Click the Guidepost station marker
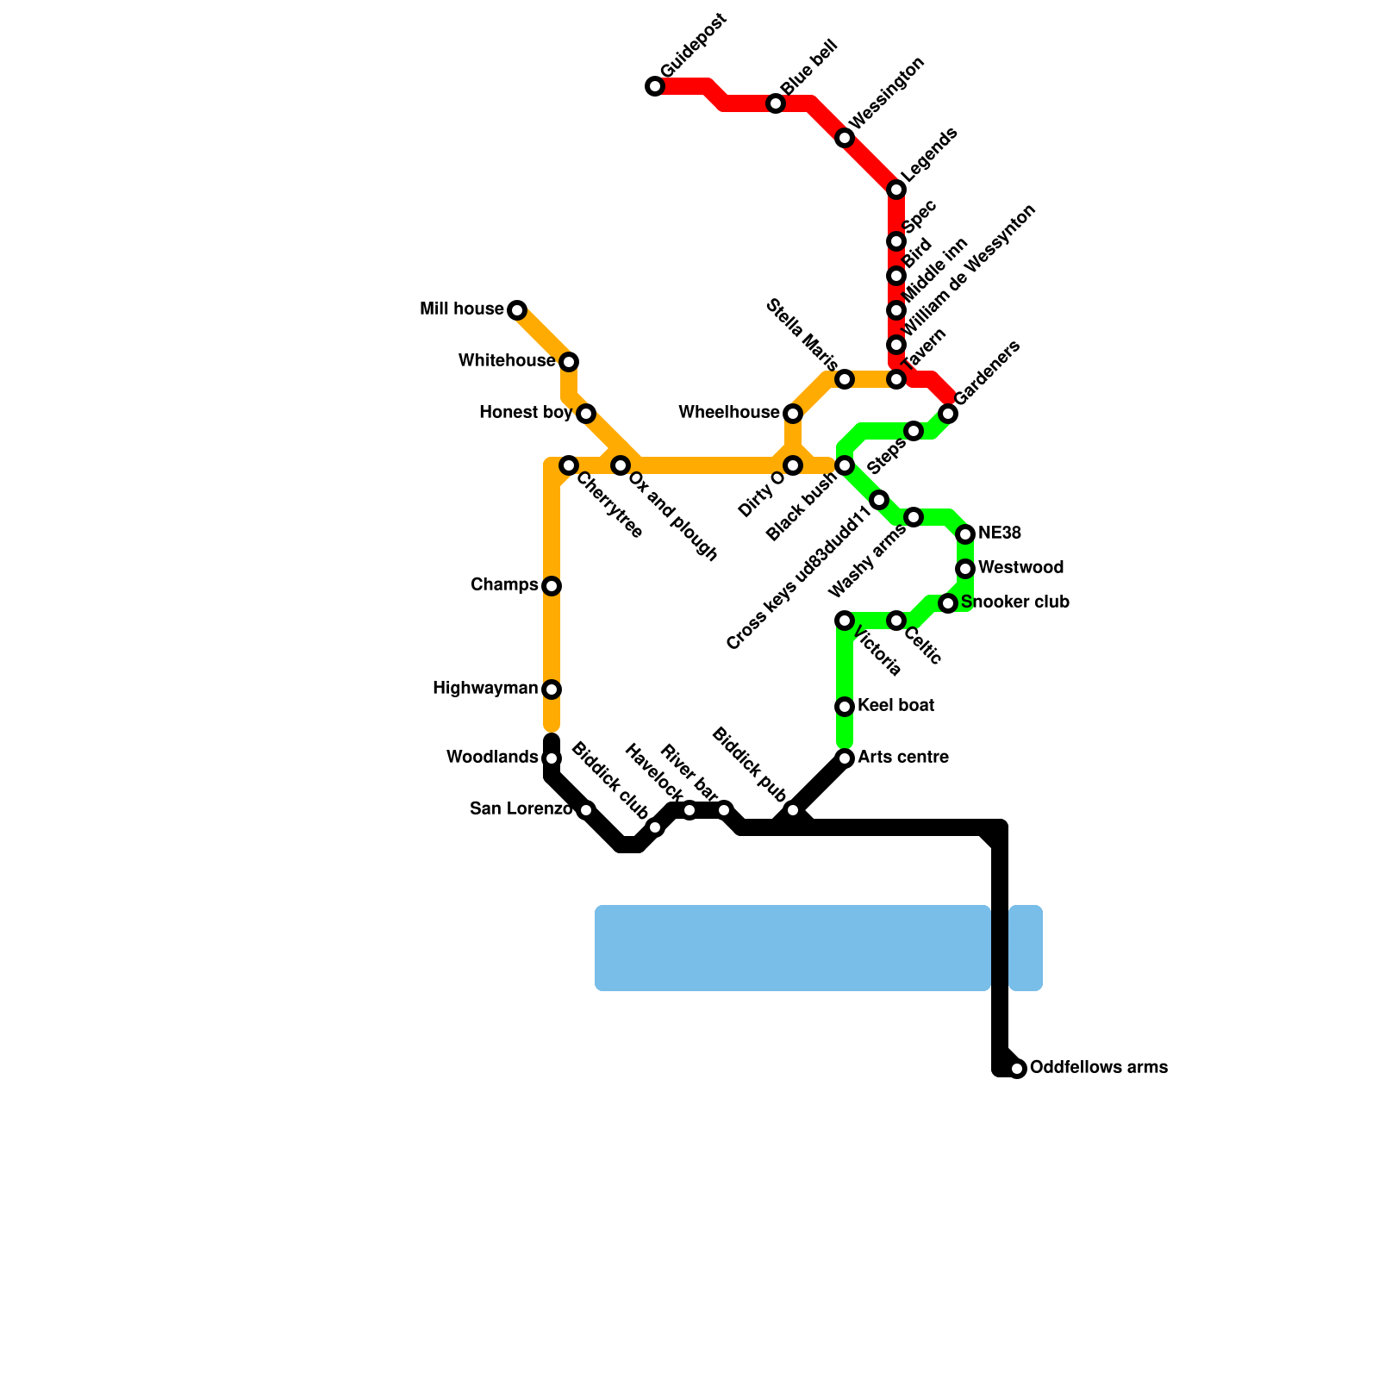click(x=655, y=86)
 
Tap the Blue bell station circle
click(x=776, y=103)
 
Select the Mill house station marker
click(x=517, y=310)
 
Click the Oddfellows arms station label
click(x=1099, y=1067)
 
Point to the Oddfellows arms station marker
click(x=1017, y=1069)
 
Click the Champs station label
click(x=504, y=585)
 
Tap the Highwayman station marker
click(x=552, y=689)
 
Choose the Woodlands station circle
click(x=552, y=758)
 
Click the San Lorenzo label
click(x=521, y=809)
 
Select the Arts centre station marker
click(x=845, y=758)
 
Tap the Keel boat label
click(x=896, y=706)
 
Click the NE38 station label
click(x=1000, y=534)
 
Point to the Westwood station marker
click(x=965, y=569)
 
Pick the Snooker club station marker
click(x=948, y=603)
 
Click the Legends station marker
click(x=896, y=190)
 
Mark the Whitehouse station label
click(x=507, y=361)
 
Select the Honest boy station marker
click(x=586, y=414)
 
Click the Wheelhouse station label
click(x=729, y=413)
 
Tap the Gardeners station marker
click(x=948, y=414)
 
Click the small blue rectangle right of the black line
click(x=1026, y=948)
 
